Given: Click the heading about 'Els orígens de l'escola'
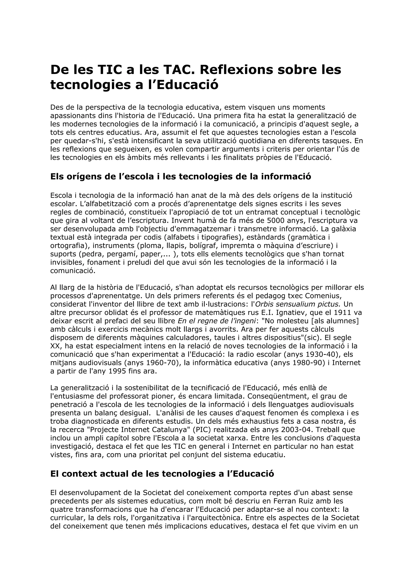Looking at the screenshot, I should pos(181,176).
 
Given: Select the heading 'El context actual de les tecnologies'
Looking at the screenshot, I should pos(162,474).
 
